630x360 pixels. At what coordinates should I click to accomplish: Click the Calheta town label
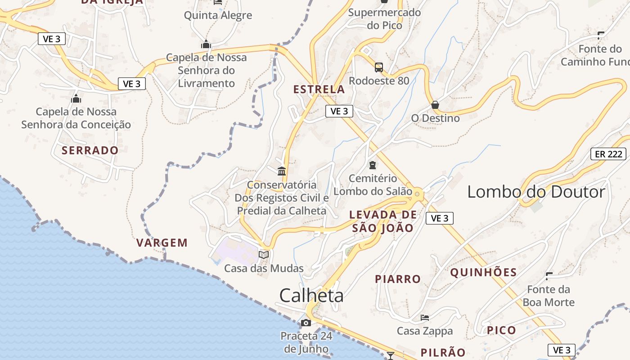311,296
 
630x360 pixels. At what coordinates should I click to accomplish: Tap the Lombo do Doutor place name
536,192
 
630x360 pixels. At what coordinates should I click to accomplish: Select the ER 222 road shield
608,154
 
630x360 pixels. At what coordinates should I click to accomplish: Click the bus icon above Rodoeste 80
379,67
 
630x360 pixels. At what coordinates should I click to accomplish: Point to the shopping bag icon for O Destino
435,105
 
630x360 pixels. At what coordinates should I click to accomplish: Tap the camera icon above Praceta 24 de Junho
306,323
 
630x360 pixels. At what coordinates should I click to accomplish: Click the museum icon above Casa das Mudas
264,255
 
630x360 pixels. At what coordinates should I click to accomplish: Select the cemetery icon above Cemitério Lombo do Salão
373,165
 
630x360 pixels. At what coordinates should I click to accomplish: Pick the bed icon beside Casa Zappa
424,318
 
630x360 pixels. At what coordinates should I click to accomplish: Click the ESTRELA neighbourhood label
319,90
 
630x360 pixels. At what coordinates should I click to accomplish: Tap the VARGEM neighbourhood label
162,243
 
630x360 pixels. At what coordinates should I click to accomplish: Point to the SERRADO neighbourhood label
90,150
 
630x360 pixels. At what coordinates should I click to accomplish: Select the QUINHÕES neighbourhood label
484,272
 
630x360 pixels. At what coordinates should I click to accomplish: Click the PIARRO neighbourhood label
398,279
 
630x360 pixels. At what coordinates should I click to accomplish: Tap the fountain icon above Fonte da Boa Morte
549,276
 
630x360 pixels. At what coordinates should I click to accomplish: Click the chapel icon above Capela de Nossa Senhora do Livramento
206,45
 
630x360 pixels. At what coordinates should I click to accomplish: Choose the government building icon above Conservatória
282,171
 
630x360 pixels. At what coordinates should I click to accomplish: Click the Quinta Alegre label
218,16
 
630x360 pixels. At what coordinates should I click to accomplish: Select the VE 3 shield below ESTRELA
339,111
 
